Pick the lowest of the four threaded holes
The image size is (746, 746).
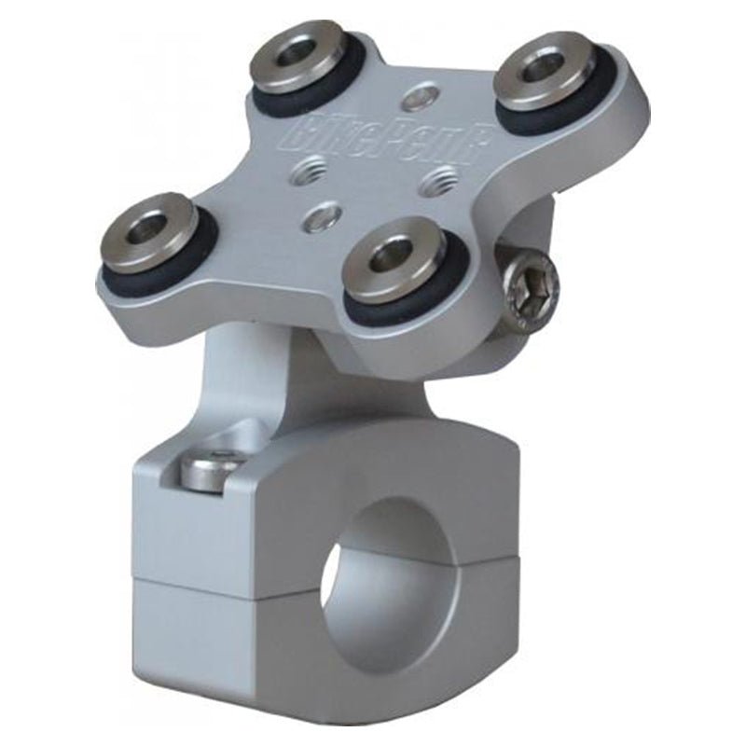point(323,217)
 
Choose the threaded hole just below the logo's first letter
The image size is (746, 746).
point(307,169)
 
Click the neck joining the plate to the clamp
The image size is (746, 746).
point(252,382)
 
